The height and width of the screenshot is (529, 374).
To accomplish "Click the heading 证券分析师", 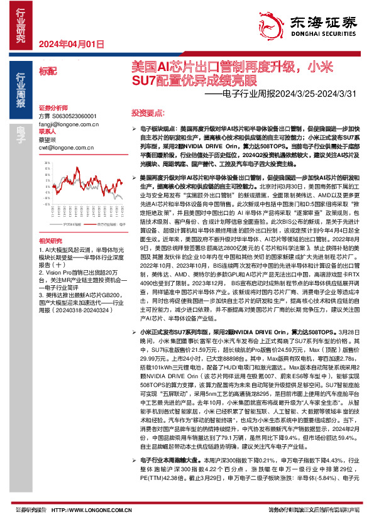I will click(x=53, y=107).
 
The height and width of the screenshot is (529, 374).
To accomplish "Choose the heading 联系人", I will click(x=48, y=132).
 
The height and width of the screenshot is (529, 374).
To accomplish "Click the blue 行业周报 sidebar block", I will click(x=20, y=89).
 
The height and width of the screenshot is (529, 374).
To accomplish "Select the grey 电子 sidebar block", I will click(x=20, y=131).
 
